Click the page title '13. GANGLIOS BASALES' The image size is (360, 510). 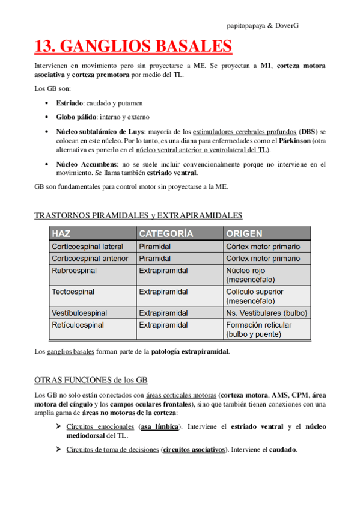click(133, 47)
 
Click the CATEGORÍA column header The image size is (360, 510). click(166, 233)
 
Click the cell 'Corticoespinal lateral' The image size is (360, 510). click(88, 247)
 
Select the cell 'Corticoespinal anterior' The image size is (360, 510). click(90, 259)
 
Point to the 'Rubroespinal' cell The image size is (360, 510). click(75, 271)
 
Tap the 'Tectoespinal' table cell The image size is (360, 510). click(73, 292)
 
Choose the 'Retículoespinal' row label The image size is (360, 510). click(78, 325)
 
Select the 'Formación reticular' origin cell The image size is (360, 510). click(259, 325)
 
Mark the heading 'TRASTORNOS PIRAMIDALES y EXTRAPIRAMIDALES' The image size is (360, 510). click(139, 215)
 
